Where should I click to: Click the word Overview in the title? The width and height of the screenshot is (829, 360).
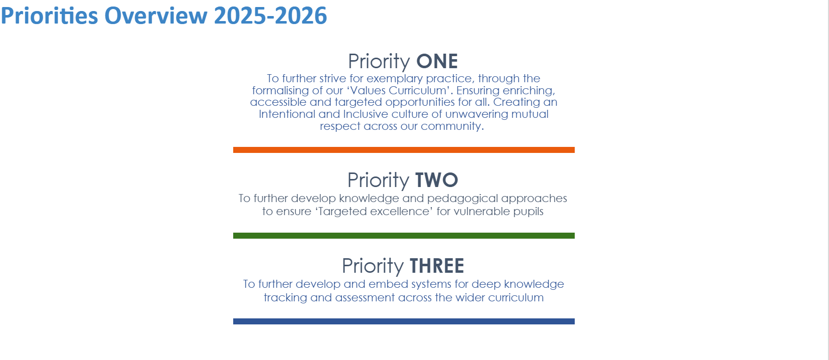tap(156, 16)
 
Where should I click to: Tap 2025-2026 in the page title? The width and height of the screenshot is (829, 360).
tap(270, 16)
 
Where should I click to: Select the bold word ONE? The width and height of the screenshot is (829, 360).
tap(437, 61)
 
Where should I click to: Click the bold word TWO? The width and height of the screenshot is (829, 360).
tap(437, 180)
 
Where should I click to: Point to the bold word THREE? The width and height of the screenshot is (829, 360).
tap(437, 266)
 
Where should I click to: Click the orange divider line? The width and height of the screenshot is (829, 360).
tap(404, 150)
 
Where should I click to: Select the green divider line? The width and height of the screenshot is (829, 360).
tap(404, 236)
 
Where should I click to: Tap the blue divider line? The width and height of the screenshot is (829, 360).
tap(404, 321)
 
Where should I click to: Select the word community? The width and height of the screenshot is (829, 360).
tap(452, 126)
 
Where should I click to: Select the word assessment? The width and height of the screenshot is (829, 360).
tap(365, 298)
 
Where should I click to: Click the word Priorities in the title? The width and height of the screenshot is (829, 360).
tap(50, 16)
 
